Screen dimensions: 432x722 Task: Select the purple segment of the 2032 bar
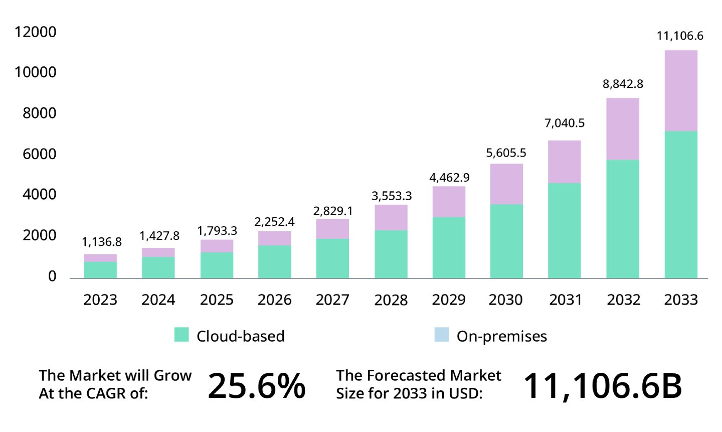(x=622, y=129)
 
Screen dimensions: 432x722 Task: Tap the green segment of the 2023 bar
(x=100, y=270)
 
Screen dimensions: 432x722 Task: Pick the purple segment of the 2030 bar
(x=506, y=184)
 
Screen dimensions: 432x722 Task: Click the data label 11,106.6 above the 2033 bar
(x=680, y=36)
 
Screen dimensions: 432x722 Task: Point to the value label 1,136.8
(x=102, y=242)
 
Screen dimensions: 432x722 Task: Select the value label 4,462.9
(x=449, y=178)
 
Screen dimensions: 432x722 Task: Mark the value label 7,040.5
(x=565, y=123)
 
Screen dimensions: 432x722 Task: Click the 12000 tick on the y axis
(x=35, y=32)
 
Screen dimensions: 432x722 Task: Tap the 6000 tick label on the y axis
(x=39, y=154)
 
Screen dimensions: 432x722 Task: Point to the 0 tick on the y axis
(x=52, y=276)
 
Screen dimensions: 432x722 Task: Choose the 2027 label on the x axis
(x=332, y=300)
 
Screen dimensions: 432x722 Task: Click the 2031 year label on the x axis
(x=565, y=300)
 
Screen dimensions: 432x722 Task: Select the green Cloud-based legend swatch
(x=182, y=335)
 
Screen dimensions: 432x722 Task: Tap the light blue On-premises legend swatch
(x=441, y=335)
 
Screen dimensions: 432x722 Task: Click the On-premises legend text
(x=501, y=336)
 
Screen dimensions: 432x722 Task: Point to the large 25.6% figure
(x=256, y=386)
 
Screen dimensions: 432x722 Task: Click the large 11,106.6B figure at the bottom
(x=602, y=386)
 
